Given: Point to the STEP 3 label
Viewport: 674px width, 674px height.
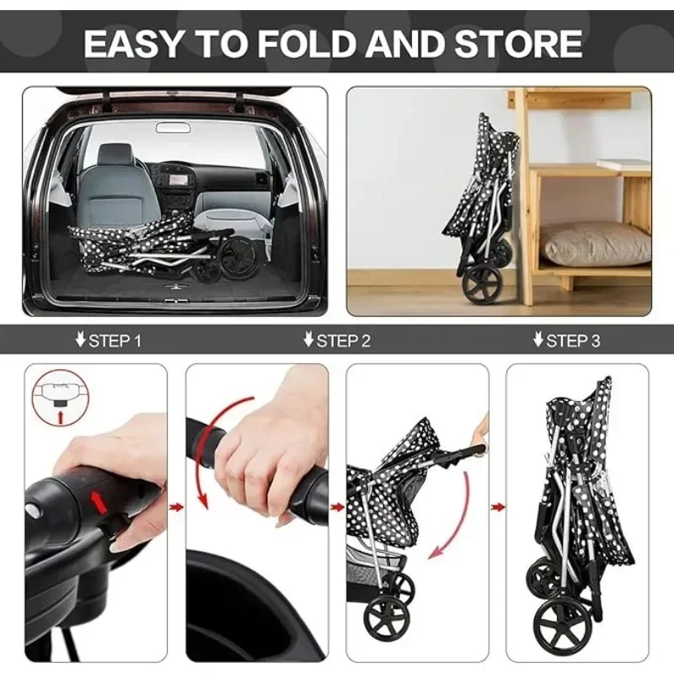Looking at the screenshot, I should click(566, 341).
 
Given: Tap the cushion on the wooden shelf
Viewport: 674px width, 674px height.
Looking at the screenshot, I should click(595, 243).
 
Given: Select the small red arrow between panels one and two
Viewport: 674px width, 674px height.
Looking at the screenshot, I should click(176, 507).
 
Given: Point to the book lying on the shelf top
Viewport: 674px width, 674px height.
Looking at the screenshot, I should click(624, 165).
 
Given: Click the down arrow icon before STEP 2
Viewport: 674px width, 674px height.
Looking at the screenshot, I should click(308, 341).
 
